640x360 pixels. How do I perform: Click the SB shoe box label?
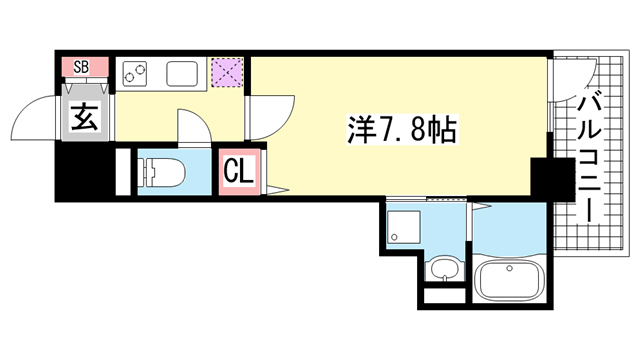tap(81, 67)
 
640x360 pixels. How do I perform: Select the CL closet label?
tap(239, 171)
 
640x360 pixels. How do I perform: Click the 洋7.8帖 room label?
tap(402, 129)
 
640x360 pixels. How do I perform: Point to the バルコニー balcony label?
tap(589, 157)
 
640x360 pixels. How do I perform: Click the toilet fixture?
tap(162, 172)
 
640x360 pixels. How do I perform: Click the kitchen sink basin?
tap(182, 74)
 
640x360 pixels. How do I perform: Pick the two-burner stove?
tap(135, 74)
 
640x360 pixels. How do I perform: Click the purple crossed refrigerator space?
tap(227, 73)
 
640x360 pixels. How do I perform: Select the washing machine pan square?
tap(404, 227)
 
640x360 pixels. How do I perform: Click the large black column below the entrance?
tap(84, 171)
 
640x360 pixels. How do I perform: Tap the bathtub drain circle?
tap(509, 268)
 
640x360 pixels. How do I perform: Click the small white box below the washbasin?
tap(445, 296)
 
